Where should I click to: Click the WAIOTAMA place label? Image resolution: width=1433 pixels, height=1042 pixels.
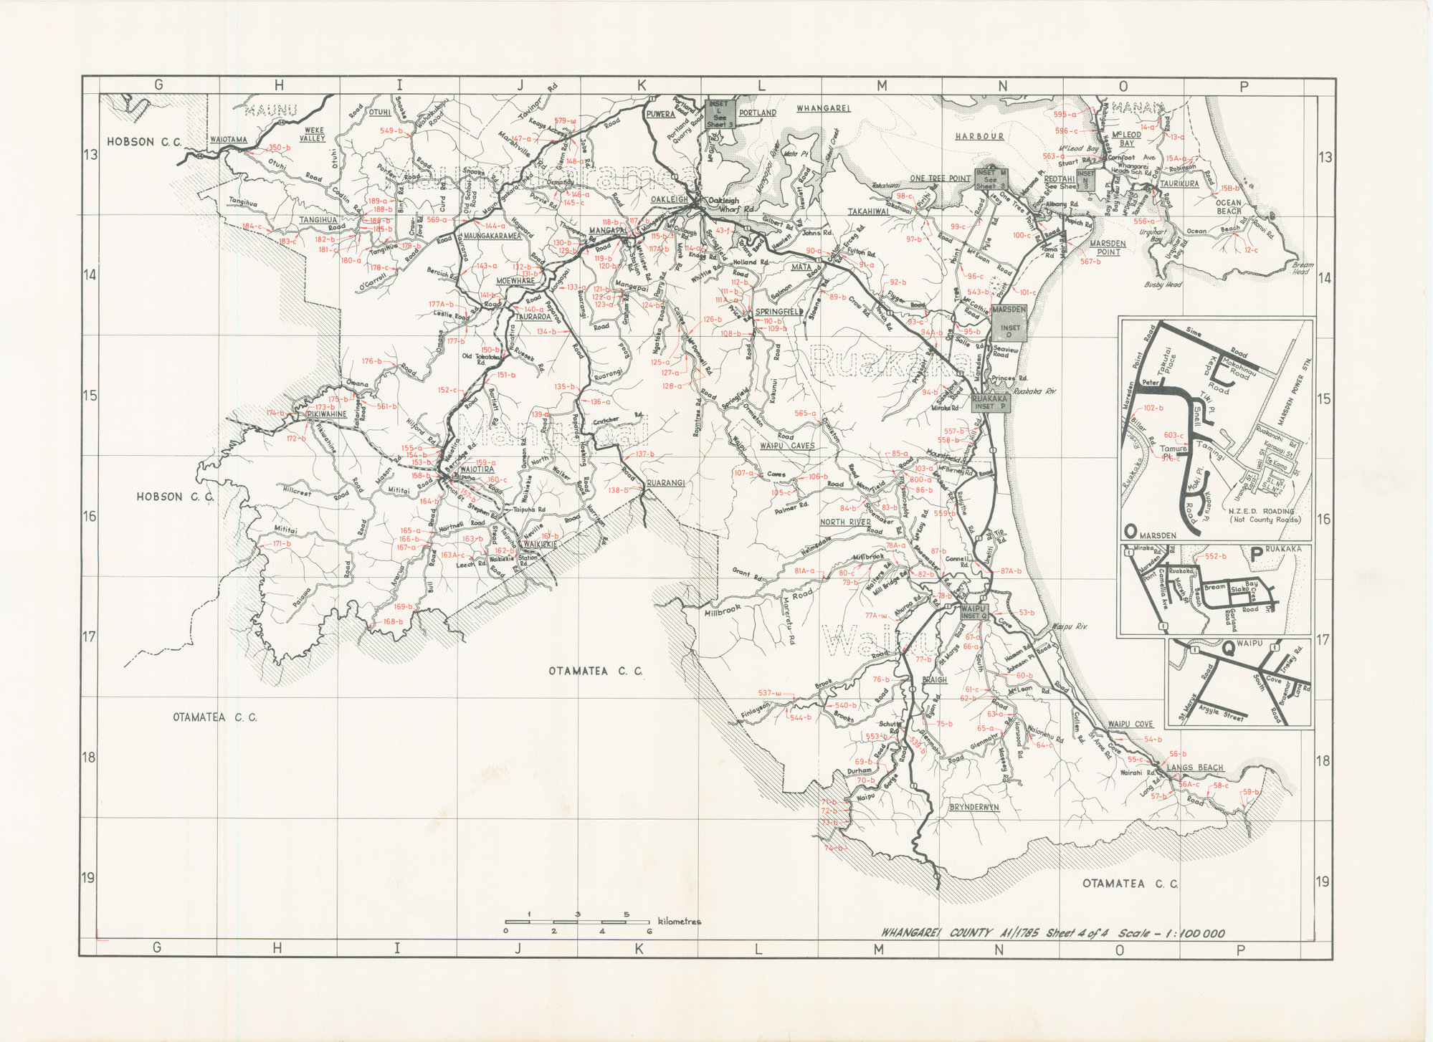229,140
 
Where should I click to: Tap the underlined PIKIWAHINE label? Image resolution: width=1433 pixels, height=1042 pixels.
327,414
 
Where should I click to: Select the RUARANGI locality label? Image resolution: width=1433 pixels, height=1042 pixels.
666,483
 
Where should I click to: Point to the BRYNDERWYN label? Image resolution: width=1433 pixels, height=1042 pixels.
974,807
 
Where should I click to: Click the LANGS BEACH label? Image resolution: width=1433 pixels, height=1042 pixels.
1195,768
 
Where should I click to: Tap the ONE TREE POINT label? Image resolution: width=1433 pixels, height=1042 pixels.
940,178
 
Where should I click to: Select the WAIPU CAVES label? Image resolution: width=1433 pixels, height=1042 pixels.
787,445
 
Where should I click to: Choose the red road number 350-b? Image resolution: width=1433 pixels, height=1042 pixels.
279,148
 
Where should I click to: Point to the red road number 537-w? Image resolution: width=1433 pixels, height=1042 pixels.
770,693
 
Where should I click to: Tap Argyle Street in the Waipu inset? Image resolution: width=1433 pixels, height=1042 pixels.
1224,709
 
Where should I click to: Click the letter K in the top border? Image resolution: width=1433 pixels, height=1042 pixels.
641,86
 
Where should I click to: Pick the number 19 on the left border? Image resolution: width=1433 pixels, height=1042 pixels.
90,878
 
